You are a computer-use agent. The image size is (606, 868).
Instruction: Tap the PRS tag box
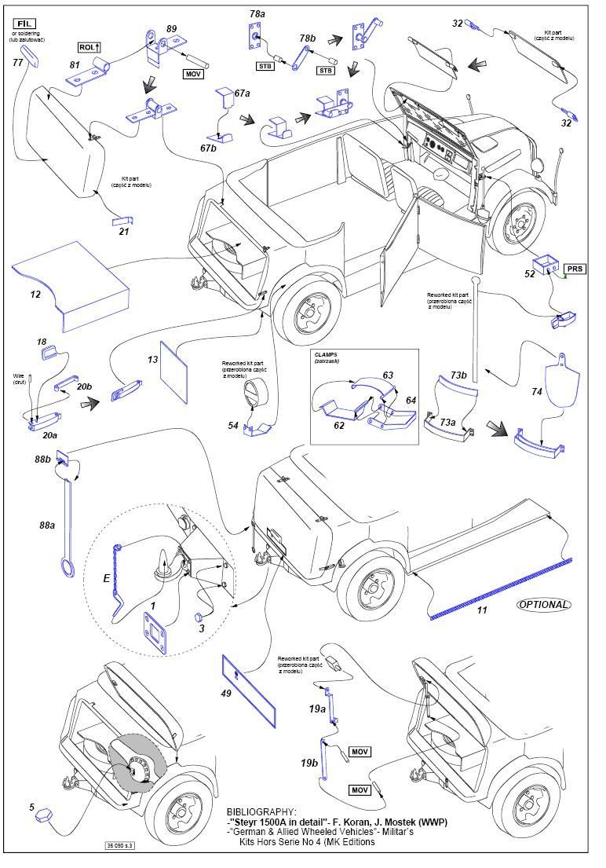pyautogui.click(x=575, y=269)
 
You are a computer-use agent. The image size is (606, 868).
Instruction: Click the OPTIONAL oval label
pyautogui.click(x=543, y=604)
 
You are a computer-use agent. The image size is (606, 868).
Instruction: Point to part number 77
pyautogui.click(x=17, y=62)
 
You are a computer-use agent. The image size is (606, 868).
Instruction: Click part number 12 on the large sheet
pyautogui.click(x=35, y=295)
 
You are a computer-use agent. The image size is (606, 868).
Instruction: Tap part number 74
pyautogui.click(x=536, y=391)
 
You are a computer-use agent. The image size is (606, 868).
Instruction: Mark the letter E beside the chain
pyautogui.click(x=106, y=577)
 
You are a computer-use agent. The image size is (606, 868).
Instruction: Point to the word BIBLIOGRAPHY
pyautogui.click(x=261, y=811)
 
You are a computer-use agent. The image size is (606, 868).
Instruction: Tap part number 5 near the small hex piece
pyautogui.click(x=32, y=806)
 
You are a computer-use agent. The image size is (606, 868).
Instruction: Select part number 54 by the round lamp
pyautogui.click(x=232, y=425)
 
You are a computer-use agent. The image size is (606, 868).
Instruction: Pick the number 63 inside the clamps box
pyautogui.click(x=388, y=376)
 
